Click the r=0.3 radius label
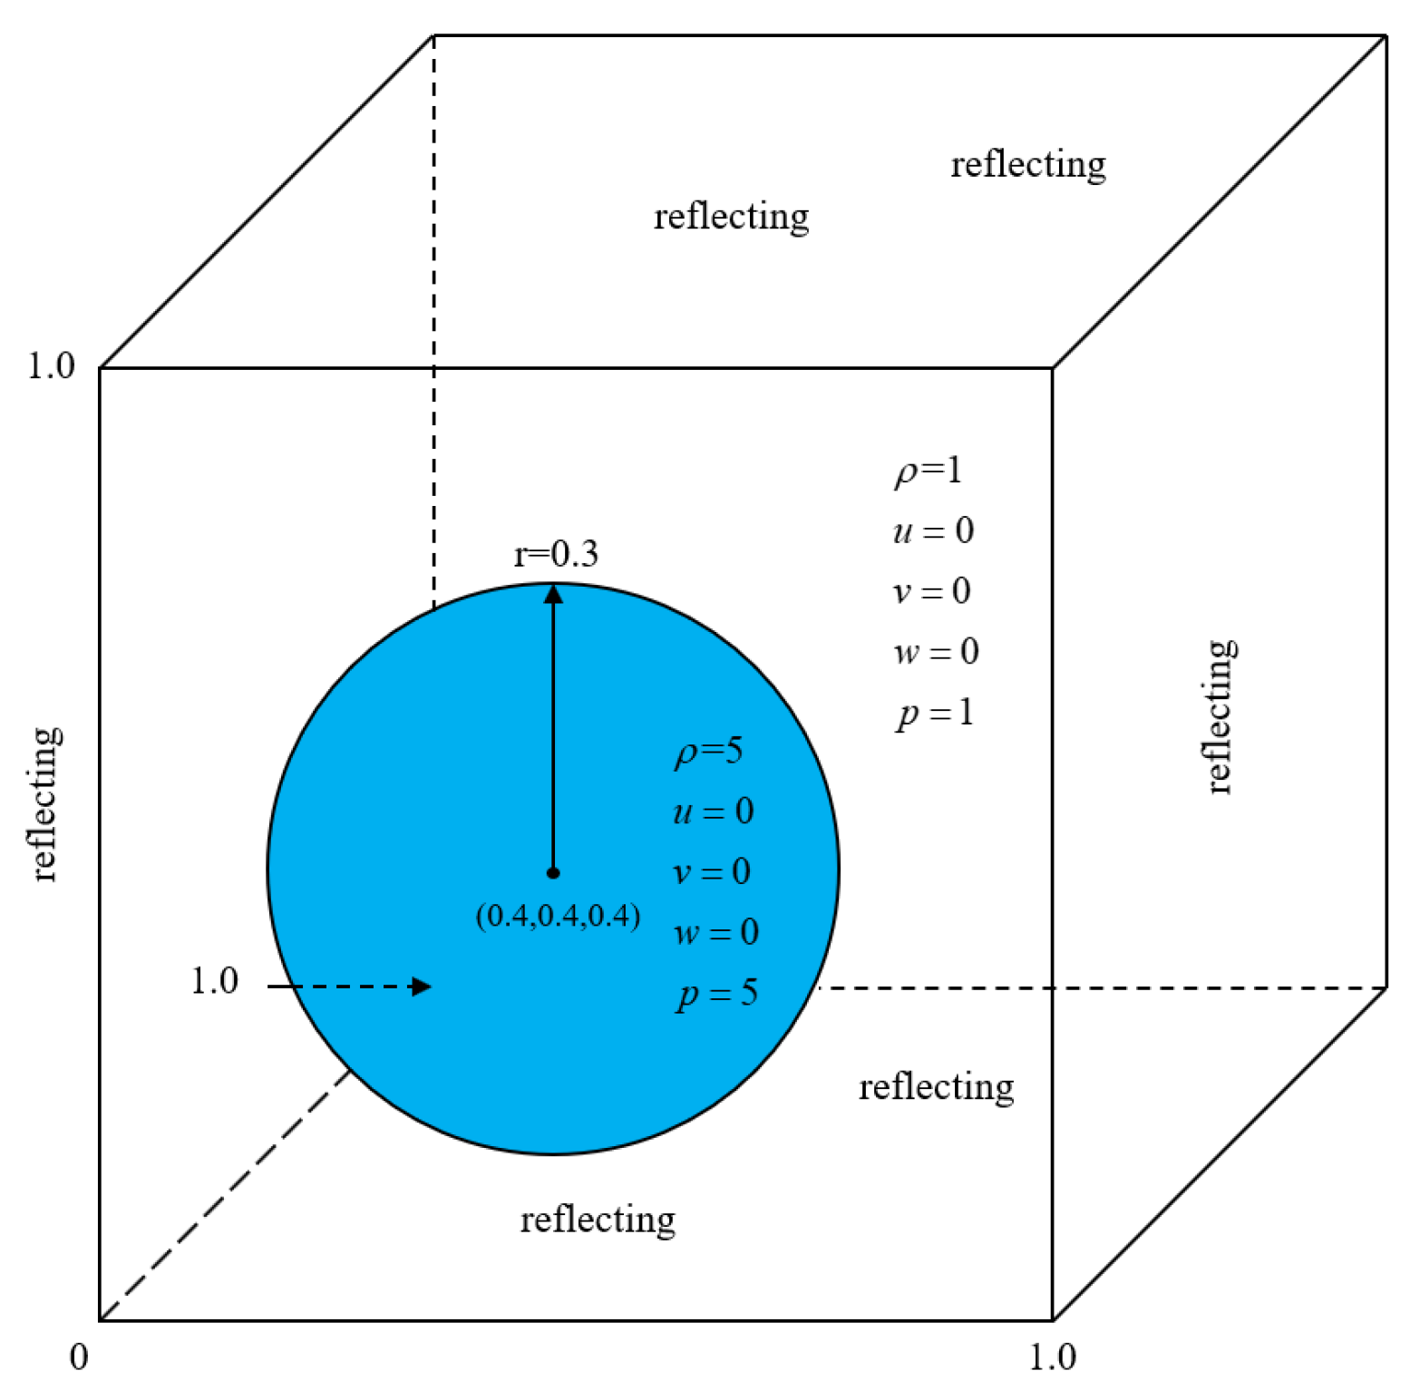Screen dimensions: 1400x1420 tap(556, 553)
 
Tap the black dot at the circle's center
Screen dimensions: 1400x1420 tap(553, 873)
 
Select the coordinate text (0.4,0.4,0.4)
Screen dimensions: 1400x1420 tap(558, 916)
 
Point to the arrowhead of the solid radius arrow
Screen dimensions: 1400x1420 tap(553, 595)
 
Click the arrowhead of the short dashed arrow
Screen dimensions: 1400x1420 tap(421, 987)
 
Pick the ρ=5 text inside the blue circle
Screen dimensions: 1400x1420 tap(708, 751)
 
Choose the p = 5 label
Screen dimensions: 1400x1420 tap(716, 994)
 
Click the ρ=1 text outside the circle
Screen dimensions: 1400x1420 tap(928, 471)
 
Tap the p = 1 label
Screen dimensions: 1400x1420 tap(935, 713)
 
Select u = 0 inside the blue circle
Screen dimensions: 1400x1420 tap(713, 811)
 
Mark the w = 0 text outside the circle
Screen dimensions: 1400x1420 tap(936, 652)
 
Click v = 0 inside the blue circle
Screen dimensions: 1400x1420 tap(711, 872)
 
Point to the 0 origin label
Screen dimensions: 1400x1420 tap(79, 1357)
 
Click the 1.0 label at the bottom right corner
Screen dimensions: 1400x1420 tap(1052, 1357)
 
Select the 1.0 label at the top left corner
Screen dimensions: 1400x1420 tap(51, 365)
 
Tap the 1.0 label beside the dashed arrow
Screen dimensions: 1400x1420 tap(214, 981)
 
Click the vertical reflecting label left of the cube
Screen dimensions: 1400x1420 tap(44, 803)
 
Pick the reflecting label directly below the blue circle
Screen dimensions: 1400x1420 tap(598, 1220)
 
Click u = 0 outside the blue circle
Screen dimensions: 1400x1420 tap(933, 530)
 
